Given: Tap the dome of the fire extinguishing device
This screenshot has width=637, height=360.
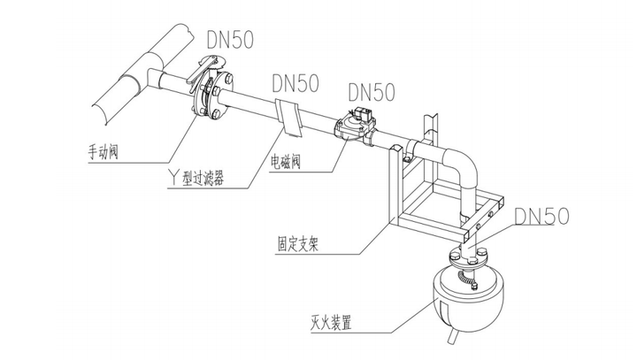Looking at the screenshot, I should click(x=464, y=296).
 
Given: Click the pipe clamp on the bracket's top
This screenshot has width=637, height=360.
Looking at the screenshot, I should click(x=408, y=157).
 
